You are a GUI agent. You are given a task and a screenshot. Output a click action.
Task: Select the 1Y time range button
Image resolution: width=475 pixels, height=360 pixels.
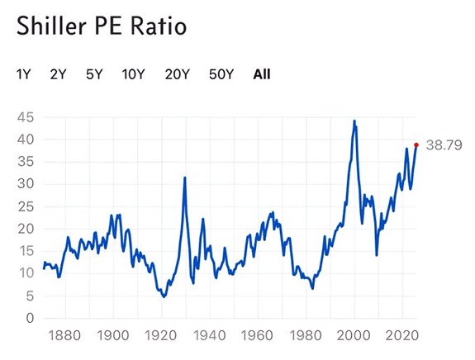(24, 74)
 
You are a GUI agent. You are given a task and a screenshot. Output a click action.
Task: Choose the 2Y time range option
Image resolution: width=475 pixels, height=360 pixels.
(58, 74)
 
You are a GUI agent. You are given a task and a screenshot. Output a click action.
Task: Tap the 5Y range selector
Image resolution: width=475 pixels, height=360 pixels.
(94, 74)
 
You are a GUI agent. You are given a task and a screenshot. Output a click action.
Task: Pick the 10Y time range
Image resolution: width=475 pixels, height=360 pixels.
(134, 74)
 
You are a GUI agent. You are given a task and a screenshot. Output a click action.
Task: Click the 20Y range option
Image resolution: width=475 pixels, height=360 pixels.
(178, 74)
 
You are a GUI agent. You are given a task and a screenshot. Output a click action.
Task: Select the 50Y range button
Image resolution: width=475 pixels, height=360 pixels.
(221, 74)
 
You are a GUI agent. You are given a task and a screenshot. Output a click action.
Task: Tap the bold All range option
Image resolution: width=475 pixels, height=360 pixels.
(262, 74)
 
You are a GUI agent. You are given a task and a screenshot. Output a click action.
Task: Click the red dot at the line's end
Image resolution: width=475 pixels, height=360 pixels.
(416, 144)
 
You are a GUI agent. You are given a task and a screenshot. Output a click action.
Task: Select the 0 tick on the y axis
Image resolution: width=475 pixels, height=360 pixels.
(30, 318)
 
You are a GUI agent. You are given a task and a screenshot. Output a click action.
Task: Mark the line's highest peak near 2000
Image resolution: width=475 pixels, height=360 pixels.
(354, 121)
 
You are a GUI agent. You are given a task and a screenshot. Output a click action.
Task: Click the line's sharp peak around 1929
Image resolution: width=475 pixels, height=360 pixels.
(184, 178)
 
